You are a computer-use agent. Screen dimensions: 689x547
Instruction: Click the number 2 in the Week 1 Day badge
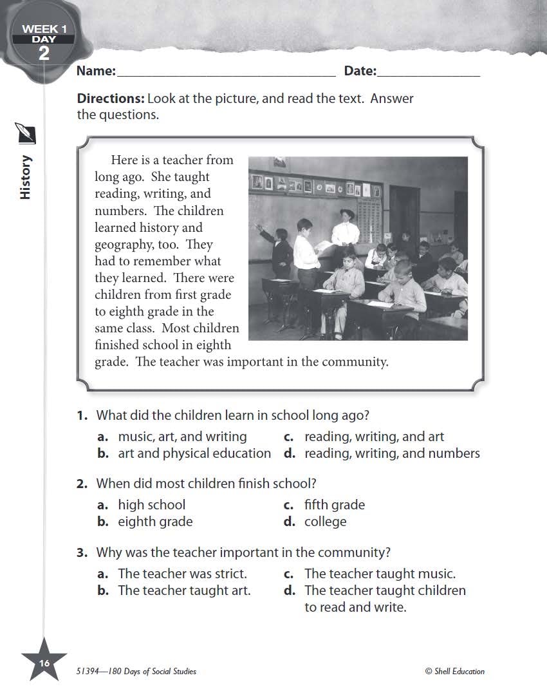coord(44,53)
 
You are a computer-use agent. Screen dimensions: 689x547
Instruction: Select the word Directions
coord(110,99)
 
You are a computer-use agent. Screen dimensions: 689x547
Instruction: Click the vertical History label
coord(26,177)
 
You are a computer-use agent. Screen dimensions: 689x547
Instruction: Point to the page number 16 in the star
coord(44,663)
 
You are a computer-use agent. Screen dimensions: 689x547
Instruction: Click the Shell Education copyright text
coord(455,671)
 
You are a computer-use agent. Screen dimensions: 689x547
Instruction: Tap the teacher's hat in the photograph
coord(348,213)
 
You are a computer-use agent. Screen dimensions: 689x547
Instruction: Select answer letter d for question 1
coord(290,453)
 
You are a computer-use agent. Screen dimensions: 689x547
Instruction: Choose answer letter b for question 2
coord(103,522)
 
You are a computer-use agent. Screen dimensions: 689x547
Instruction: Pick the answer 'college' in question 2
coord(325,522)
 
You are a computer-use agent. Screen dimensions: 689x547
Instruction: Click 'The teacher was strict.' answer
coord(182,573)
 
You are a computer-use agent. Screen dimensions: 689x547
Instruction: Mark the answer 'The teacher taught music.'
coord(380,573)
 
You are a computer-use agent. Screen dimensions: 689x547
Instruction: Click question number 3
coord(82,552)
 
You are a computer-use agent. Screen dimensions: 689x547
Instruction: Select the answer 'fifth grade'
coord(334,505)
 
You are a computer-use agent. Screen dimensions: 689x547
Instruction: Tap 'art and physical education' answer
coord(194,453)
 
